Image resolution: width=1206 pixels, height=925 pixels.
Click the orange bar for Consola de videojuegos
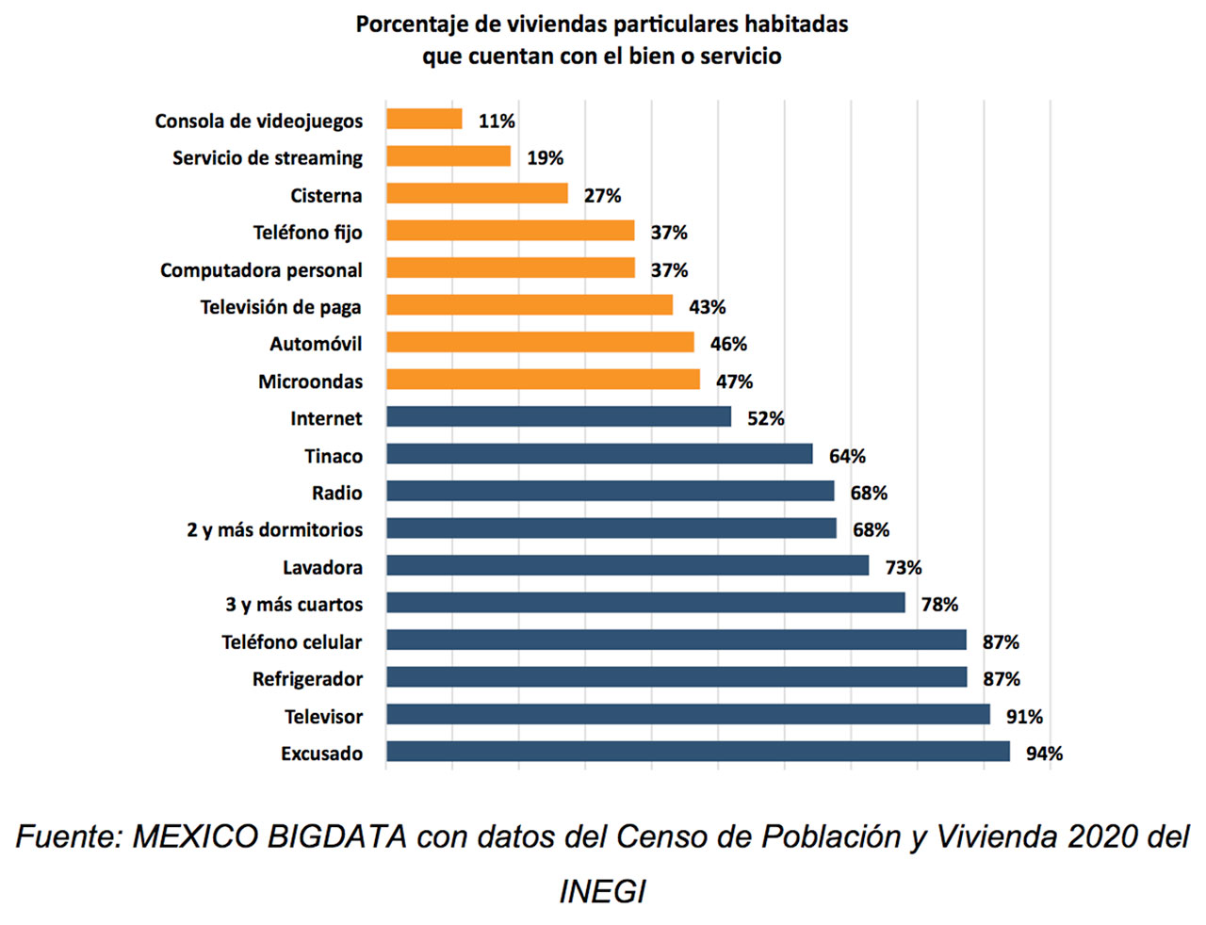tap(424, 120)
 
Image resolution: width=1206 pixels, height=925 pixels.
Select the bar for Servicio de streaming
tap(448, 156)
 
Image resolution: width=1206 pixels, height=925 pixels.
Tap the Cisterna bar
tap(477, 194)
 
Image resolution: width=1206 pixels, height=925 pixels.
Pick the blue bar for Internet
tap(559, 417)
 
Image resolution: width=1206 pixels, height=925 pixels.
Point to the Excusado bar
tap(697, 752)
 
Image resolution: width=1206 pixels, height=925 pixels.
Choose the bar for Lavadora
tap(627, 566)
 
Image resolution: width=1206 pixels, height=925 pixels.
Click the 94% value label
tap(1044, 754)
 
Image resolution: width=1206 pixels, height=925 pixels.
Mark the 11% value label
tap(497, 122)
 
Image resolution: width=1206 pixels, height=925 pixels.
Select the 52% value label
tap(765, 419)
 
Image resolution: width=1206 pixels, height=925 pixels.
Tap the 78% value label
tap(939, 605)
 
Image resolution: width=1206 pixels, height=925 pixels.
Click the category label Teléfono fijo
tap(307, 233)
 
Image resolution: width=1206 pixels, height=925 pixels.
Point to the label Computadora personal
tap(261, 270)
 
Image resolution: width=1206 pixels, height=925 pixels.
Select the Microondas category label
tap(310, 381)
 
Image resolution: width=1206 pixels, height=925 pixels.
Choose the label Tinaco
tap(333, 456)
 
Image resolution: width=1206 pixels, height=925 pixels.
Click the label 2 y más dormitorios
tap(274, 530)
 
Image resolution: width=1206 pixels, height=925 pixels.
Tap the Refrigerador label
tap(307, 679)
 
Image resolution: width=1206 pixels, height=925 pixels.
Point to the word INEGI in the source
tap(602, 891)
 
